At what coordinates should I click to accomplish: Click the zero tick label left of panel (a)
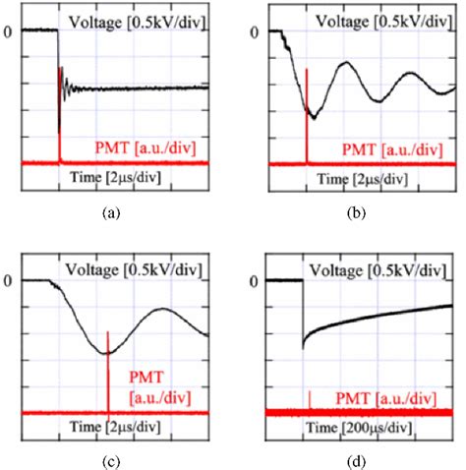[x=8, y=31]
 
